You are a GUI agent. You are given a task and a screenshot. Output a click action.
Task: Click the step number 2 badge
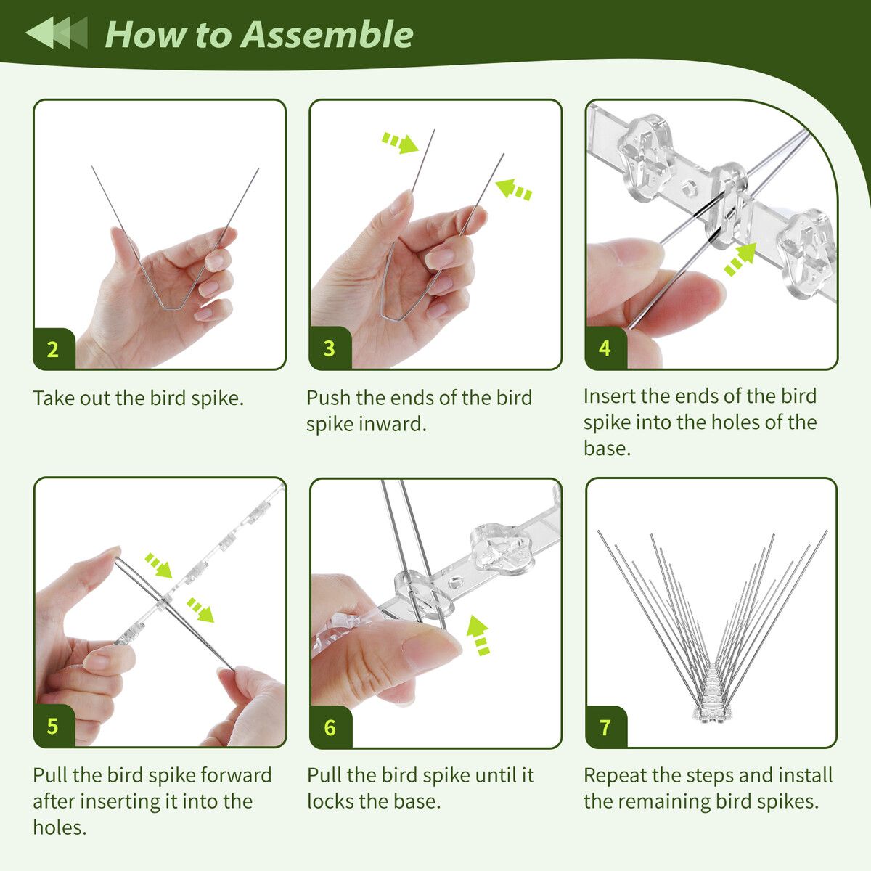click(x=54, y=349)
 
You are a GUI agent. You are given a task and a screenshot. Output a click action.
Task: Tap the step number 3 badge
click(x=330, y=348)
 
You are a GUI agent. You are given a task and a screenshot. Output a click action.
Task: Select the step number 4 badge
click(x=605, y=348)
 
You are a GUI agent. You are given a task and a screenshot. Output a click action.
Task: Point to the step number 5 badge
click(x=54, y=726)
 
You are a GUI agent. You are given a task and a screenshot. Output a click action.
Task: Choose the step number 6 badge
click(x=330, y=727)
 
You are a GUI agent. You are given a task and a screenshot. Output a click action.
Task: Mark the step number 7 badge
click(x=606, y=727)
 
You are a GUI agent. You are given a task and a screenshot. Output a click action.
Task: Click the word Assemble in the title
click(x=327, y=35)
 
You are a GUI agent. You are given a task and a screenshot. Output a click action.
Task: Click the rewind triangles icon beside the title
click(x=57, y=33)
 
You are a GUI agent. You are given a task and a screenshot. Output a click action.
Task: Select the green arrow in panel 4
click(x=740, y=259)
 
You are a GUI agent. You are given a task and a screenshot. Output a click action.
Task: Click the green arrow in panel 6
click(x=478, y=634)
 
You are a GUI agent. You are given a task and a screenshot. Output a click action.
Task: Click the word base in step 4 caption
click(x=607, y=449)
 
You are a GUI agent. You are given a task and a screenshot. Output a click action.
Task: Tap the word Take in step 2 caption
click(x=53, y=398)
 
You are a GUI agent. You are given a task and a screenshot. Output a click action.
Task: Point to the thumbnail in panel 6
click(x=432, y=647)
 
